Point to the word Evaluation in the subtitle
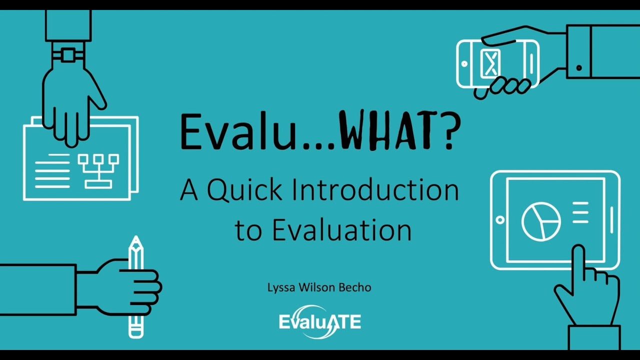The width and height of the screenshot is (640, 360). [x=341, y=230]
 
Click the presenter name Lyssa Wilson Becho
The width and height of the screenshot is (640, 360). [x=319, y=287]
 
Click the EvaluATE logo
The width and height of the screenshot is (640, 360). [x=320, y=321]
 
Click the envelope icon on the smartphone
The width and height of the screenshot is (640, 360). [x=490, y=63]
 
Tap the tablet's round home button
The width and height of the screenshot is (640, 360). [x=499, y=220]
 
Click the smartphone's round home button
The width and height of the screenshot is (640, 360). [x=464, y=64]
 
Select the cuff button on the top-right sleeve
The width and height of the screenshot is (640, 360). [x=579, y=67]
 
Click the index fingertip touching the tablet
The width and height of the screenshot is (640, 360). [x=578, y=250]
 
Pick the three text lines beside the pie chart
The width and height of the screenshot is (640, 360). [x=580, y=212]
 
